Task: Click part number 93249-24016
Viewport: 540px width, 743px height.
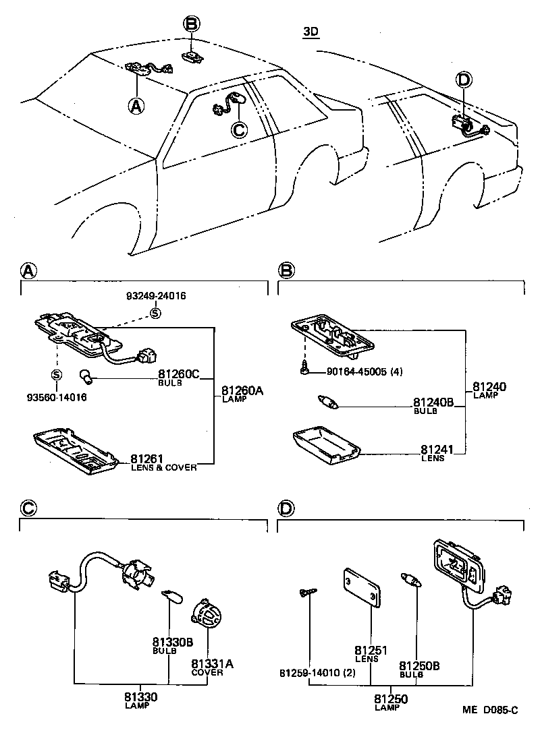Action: [x=156, y=296]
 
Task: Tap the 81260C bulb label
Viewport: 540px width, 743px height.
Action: [x=179, y=374]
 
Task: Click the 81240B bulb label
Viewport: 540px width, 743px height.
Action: [x=432, y=403]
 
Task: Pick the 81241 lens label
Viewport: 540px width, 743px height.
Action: [x=437, y=449]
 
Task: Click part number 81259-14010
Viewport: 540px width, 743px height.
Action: [x=316, y=674]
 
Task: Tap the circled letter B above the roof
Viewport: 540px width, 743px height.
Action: [x=192, y=25]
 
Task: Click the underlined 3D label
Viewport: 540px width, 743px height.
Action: [x=310, y=32]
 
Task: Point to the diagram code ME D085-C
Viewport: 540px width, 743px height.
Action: [x=489, y=710]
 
